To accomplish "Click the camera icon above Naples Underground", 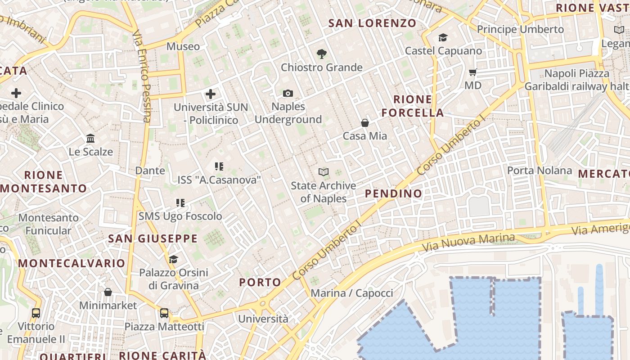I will [x=288, y=94].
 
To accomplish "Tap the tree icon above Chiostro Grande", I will [x=321, y=54].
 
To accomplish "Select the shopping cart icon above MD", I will [x=472, y=72].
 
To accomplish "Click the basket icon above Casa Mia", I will [x=365, y=122].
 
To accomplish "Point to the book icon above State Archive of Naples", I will [x=323, y=172].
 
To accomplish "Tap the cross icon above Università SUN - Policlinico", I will [x=211, y=94].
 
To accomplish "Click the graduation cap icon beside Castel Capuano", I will [x=443, y=37].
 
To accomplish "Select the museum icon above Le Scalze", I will [x=90, y=138].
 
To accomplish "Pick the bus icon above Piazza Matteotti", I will [x=164, y=313].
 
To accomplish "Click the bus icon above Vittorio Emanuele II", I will [x=36, y=313].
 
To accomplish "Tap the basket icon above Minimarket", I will [x=108, y=292].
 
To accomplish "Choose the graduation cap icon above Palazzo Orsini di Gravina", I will [x=173, y=259].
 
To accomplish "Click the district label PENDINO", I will [x=393, y=194].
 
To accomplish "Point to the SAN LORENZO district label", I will [x=372, y=23].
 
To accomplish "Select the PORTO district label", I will [x=260, y=283].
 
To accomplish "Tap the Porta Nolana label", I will [x=540, y=171].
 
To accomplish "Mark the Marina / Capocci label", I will [x=352, y=293].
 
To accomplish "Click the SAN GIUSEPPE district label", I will [x=153, y=238].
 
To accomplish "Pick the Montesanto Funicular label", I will [x=48, y=224].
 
